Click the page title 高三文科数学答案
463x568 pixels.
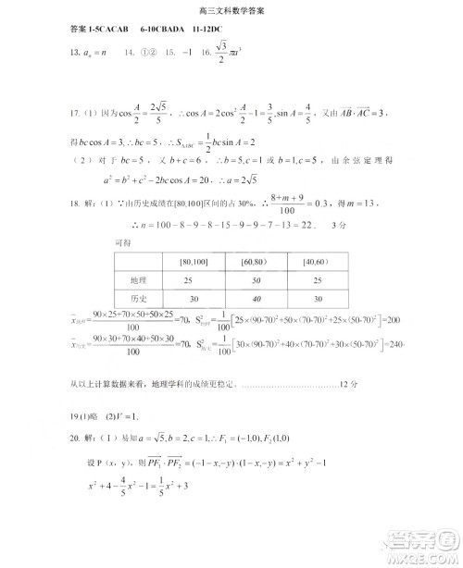coord(231,10)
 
